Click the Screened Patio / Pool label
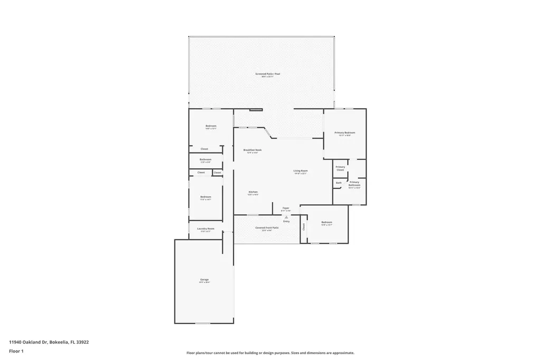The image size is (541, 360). [x=267, y=74]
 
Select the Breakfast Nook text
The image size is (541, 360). [x=252, y=150]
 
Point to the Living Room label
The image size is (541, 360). [x=301, y=170]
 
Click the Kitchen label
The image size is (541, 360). [x=253, y=192]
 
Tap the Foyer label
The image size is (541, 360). [x=286, y=208]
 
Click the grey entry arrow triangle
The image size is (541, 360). [x=286, y=216]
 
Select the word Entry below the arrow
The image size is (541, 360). [x=286, y=221]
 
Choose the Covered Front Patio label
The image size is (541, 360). [x=267, y=228]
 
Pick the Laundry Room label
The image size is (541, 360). [x=206, y=229]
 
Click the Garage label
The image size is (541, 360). [x=204, y=279]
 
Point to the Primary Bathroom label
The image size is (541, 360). [x=354, y=183]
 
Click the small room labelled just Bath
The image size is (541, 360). [x=339, y=183]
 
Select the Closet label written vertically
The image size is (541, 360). [x=304, y=226]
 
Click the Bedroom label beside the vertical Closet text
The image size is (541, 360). [x=327, y=222]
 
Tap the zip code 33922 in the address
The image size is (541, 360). [x=82, y=342]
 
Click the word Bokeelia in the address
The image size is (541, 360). [x=59, y=342]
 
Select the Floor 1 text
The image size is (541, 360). [x=16, y=351]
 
